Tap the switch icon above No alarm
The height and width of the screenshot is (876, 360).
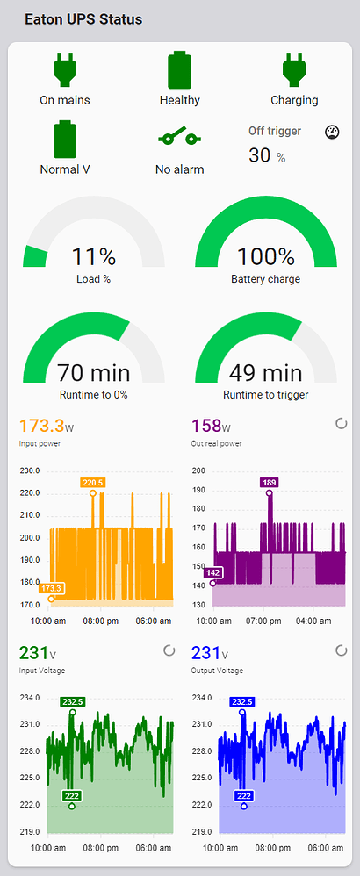point(179,138)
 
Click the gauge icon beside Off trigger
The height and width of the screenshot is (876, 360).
point(331,132)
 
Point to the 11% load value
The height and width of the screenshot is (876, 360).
point(93,257)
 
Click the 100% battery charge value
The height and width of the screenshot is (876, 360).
point(265,257)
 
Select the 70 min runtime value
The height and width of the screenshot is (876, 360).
point(93,373)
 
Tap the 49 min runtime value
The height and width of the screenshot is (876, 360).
point(265,373)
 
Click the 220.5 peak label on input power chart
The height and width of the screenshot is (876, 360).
point(92,482)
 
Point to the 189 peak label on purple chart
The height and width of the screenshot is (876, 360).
point(269,482)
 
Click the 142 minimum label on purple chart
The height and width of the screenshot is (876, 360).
point(212,572)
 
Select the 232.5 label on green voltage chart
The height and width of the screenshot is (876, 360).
point(72,701)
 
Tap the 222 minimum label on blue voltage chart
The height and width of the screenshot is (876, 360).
point(243,795)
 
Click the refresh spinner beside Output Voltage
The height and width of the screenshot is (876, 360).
point(342,651)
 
